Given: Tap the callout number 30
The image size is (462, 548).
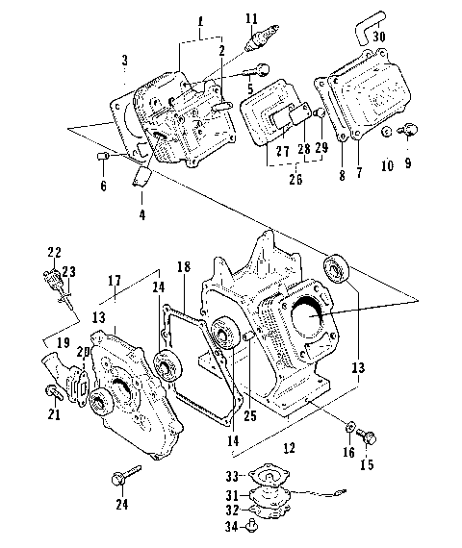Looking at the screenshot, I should point(380,37).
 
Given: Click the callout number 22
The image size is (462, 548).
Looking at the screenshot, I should point(54,252).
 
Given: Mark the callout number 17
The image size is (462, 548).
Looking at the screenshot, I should point(114,282).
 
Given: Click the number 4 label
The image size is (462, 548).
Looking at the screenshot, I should point(141,215).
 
